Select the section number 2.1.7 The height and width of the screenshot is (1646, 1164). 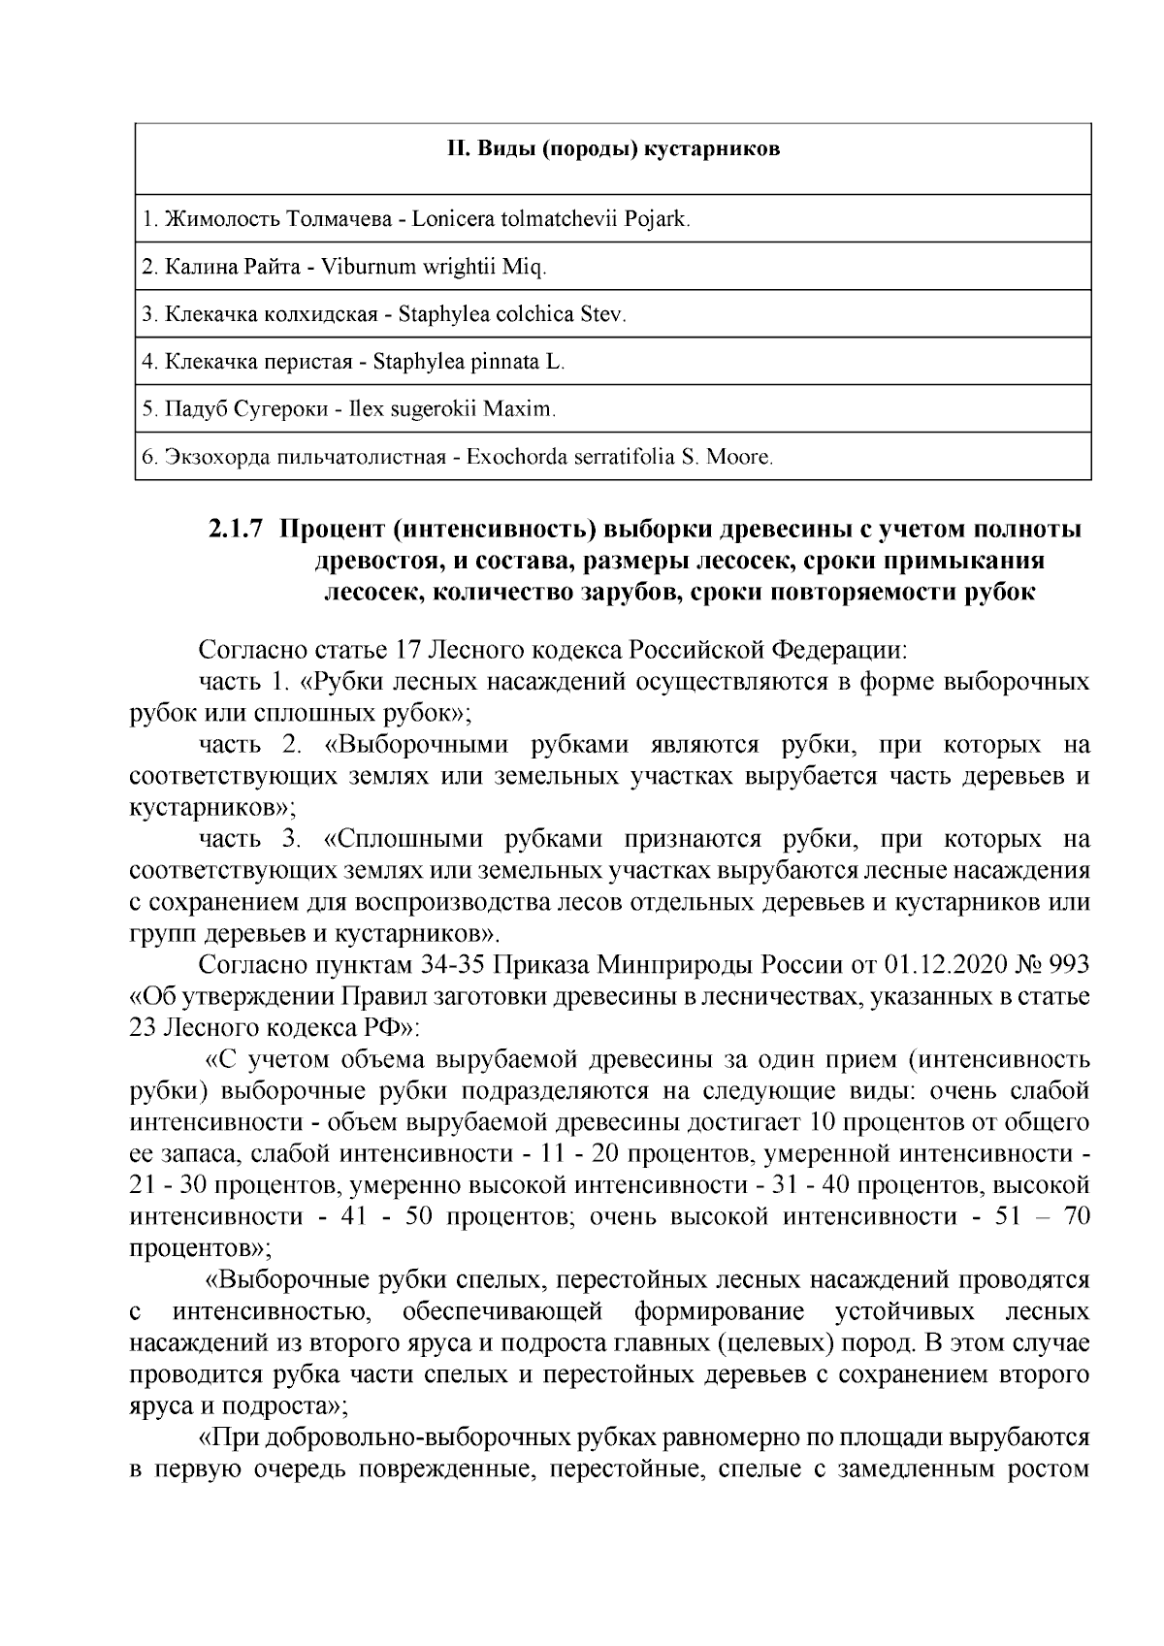(x=236, y=531)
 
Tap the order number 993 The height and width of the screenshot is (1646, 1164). (x=1068, y=965)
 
